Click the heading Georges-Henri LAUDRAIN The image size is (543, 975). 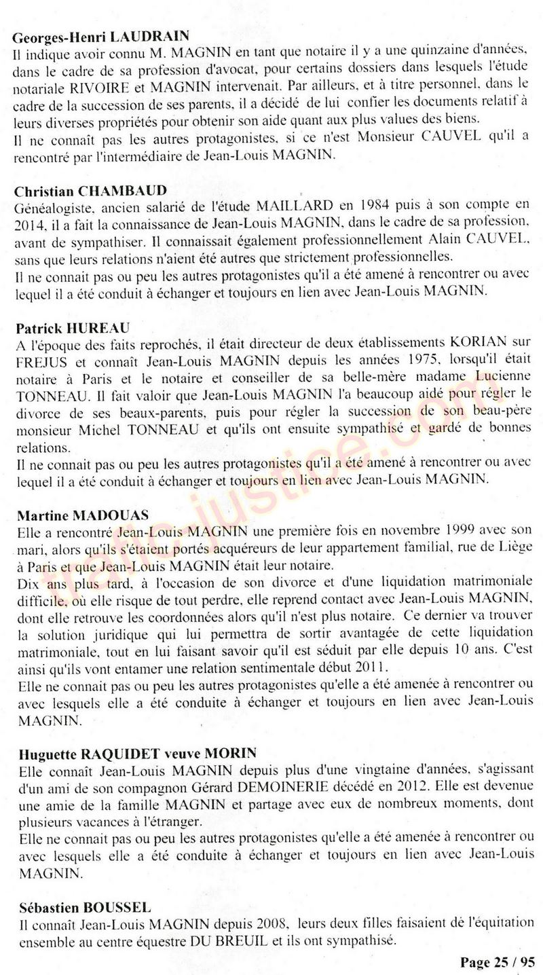pos(102,35)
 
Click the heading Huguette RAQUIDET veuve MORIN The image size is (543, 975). pos(137,752)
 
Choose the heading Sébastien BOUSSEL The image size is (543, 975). pos(85,907)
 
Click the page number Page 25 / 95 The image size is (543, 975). pos(497,962)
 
